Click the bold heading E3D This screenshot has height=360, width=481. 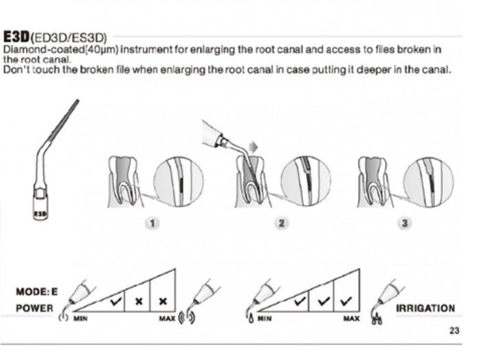coord(16,36)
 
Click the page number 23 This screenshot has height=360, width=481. coord(454,330)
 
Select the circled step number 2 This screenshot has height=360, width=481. coord(282,223)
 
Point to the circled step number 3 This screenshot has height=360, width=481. coord(405,223)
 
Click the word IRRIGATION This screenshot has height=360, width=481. coord(425,308)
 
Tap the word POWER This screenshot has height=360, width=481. coord(34,308)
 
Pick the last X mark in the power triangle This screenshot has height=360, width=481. coord(163,301)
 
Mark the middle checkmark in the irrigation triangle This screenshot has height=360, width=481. coord(322,300)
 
